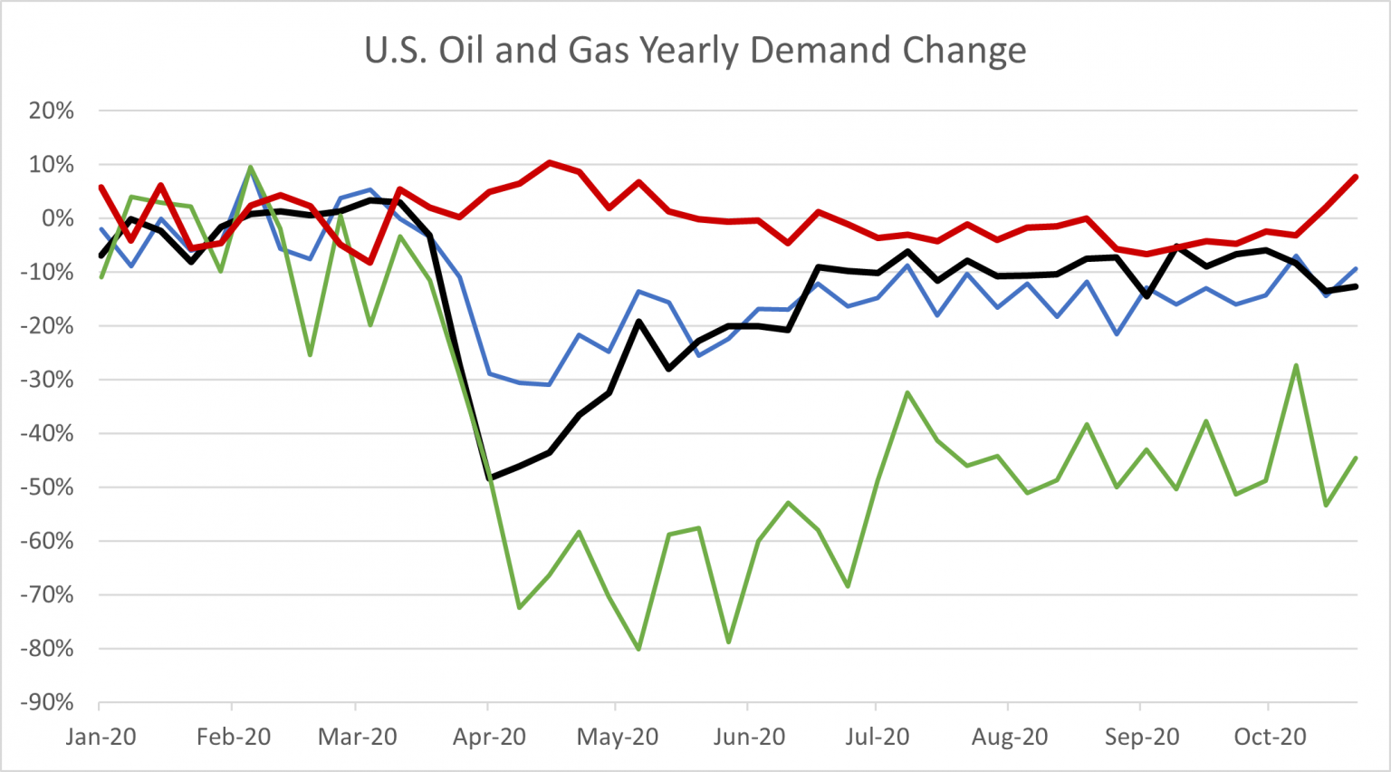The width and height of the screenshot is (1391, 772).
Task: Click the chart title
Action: point(695,50)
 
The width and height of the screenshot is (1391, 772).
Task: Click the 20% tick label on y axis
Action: point(51,111)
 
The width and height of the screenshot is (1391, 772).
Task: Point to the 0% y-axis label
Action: point(57,218)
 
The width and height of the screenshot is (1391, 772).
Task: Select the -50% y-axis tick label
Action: point(47,487)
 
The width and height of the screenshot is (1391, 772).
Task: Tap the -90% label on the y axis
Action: point(47,703)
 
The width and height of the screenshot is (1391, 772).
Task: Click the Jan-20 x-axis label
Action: point(101,737)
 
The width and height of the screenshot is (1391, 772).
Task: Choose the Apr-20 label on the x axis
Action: point(489,737)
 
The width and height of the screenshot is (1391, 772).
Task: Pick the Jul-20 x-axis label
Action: point(876,737)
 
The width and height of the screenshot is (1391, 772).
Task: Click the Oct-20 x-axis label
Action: point(1270,737)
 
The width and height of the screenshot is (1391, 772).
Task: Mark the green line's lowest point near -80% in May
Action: point(638,649)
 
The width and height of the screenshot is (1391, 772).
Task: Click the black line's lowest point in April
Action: point(490,478)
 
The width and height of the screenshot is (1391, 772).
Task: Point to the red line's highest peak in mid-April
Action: point(549,163)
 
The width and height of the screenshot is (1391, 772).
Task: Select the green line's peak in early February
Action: point(250,167)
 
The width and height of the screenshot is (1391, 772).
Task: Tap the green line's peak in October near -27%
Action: point(1297,365)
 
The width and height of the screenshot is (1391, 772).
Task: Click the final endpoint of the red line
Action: point(1356,177)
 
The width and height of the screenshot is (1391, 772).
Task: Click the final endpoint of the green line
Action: point(1356,458)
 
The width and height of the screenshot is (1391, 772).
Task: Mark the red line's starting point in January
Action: point(101,188)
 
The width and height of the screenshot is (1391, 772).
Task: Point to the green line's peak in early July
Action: point(907,392)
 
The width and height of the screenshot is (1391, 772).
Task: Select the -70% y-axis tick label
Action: point(47,595)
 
